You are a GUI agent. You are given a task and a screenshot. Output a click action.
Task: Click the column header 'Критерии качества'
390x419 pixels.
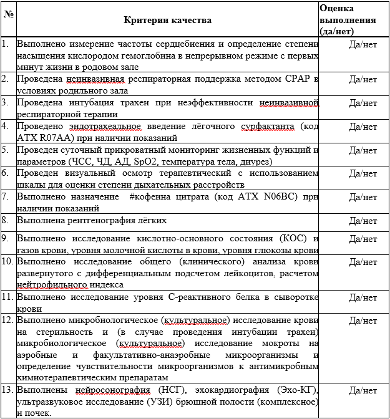pos(167,20)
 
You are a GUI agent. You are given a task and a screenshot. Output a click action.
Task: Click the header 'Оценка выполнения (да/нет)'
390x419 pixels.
pos(348,19)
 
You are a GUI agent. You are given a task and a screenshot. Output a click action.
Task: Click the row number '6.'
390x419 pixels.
pos(6,173)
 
